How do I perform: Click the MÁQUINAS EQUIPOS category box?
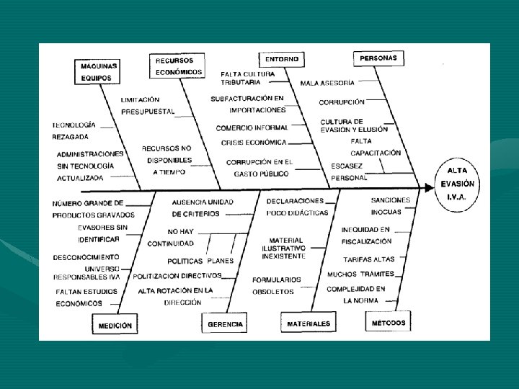[x=99, y=71]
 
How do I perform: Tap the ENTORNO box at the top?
[x=281, y=58]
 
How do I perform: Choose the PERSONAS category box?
[x=378, y=58]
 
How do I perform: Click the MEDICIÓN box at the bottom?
[x=115, y=326]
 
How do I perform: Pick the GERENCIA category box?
[x=226, y=324]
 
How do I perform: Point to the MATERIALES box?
[x=309, y=324]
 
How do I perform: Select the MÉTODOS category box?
[x=389, y=323]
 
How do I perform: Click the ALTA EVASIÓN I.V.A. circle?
[x=457, y=184]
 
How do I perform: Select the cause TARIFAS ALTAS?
[x=368, y=259]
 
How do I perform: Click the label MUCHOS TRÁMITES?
[x=360, y=274]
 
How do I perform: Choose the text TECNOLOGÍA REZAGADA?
[x=74, y=130]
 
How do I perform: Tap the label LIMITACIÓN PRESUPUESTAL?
[x=148, y=106]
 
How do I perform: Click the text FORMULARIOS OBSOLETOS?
[x=276, y=285]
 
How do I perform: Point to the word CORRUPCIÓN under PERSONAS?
[x=342, y=102]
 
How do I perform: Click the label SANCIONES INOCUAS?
[x=391, y=206]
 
